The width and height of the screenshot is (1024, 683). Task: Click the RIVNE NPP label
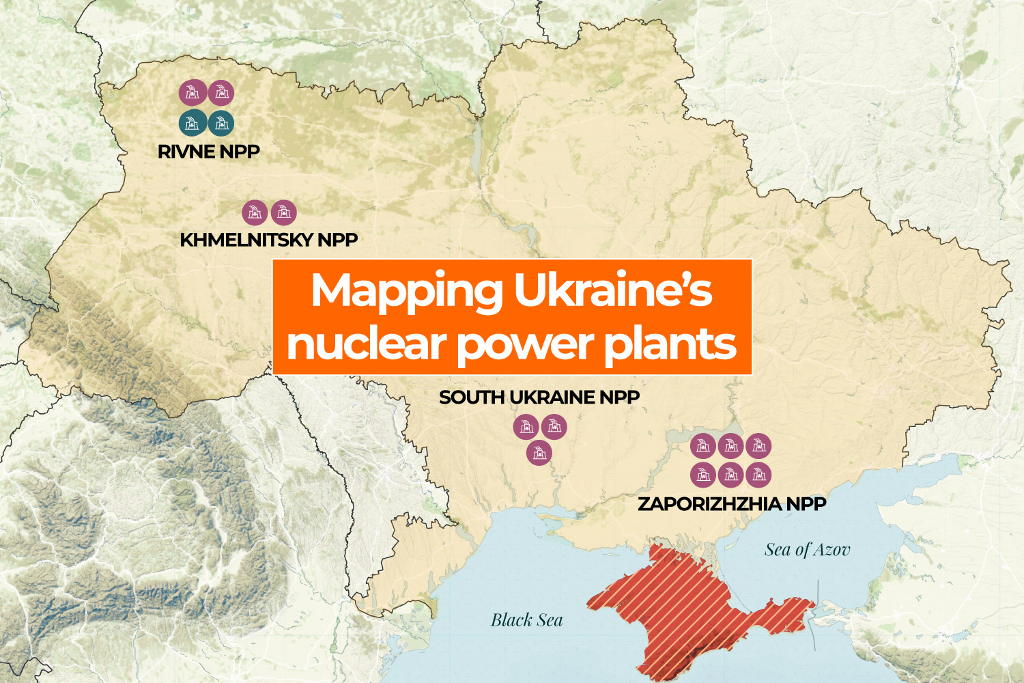pos(208,152)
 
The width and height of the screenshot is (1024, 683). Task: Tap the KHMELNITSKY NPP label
pos(268,240)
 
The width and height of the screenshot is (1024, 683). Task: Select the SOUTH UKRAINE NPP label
pos(539,397)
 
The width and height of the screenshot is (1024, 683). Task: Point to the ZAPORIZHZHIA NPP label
pos(732,504)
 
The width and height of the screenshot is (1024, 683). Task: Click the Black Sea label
pos(526,620)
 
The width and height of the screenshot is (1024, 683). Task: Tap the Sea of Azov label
pos(807,550)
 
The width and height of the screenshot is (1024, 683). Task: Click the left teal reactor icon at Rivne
pos(193,123)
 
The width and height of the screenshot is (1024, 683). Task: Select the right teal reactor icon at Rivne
pos(221,123)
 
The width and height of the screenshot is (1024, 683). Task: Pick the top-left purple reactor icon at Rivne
pos(193,92)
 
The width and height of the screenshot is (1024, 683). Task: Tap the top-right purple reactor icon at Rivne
pos(221,92)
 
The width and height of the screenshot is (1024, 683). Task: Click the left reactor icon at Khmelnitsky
pos(255,212)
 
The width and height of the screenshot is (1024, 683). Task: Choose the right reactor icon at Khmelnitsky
pos(284,212)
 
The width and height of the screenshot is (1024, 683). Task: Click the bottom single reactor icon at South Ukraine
pos(539,452)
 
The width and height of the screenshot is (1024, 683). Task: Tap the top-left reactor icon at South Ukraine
pos(526,427)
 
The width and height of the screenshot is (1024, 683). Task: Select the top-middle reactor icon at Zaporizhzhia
pos(730,446)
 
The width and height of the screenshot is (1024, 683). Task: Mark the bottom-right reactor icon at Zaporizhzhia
pos(758,475)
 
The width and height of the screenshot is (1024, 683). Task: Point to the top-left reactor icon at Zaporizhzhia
pos(702,446)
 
